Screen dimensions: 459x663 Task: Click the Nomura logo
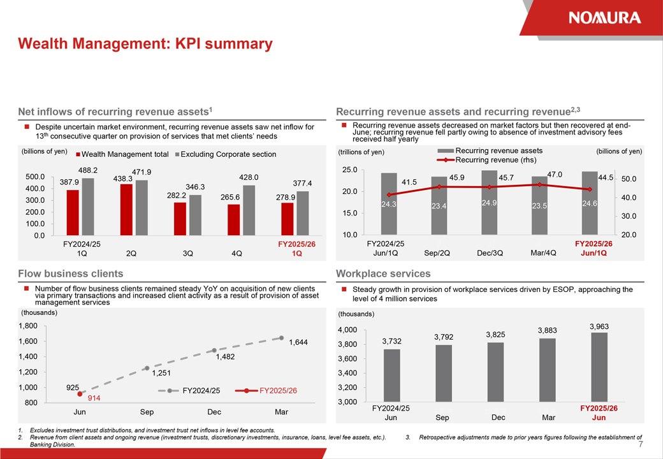[604, 17]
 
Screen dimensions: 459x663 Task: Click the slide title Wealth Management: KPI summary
[145, 44]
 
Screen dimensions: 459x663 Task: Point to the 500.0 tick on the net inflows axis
[34, 177]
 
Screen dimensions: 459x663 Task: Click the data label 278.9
[285, 198]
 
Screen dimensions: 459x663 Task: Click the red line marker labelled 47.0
[539, 184]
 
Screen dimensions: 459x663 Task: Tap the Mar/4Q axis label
[543, 252]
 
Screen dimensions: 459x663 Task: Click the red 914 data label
[94, 398]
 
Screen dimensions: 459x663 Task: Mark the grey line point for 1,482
[214, 351]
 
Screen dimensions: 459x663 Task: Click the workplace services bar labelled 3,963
[599, 367]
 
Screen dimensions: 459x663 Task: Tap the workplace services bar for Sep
[444, 374]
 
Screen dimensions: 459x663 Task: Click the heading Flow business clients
[71, 273]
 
